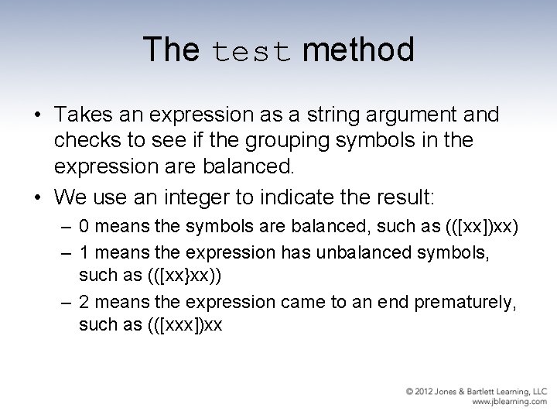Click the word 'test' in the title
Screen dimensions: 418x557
[x=250, y=52]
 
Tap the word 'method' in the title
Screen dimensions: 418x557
[x=358, y=50]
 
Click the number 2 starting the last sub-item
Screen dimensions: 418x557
[x=84, y=303]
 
